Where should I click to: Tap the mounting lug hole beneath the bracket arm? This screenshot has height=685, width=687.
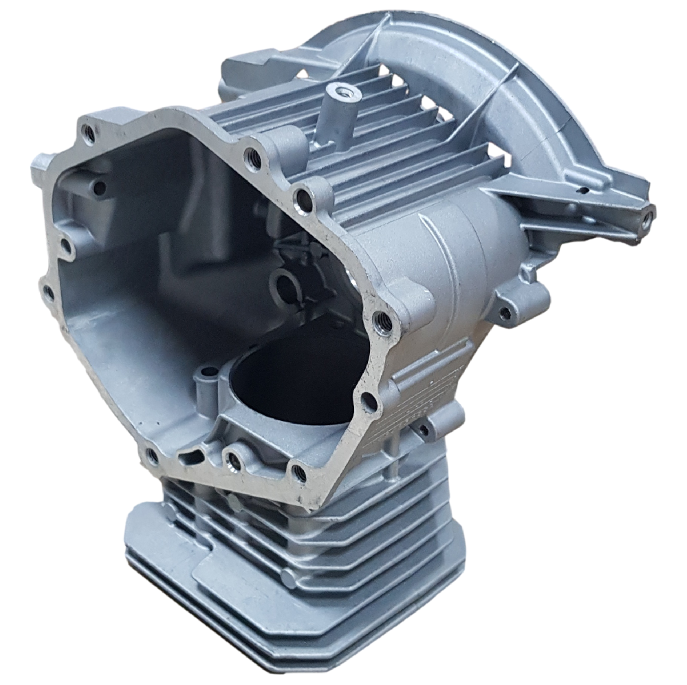505,314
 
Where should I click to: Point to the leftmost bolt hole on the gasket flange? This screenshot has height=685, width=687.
49,292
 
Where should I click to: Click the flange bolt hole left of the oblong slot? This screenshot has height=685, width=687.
151,454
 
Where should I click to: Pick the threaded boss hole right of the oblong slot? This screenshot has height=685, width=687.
235,461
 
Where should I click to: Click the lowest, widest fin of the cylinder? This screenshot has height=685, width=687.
289,619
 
